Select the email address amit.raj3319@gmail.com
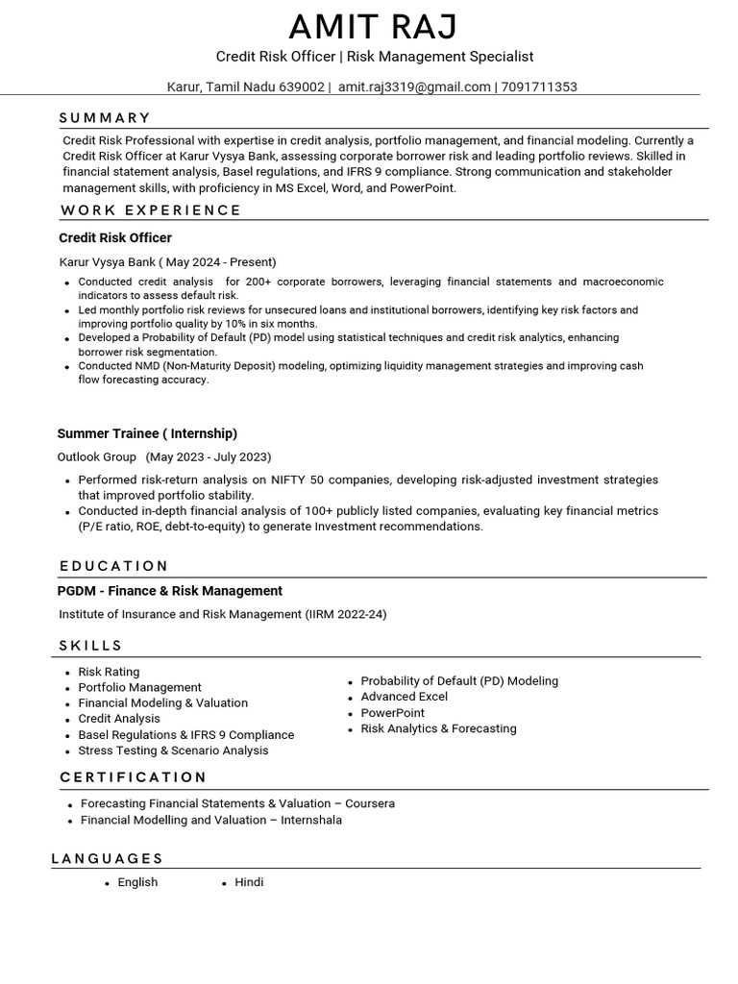(414, 86)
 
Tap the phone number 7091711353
(539, 86)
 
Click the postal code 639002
(301, 86)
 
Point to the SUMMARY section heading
(105, 118)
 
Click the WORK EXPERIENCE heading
(151, 210)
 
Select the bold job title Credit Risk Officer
(115, 237)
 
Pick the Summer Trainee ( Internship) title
(147, 433)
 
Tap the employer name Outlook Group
(97, 456)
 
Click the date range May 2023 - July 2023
(209, 456)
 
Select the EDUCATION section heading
(113, 566)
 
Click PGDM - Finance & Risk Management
(170, 591)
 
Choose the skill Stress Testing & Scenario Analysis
(173, 750)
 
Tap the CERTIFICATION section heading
(133, 777)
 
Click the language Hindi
(249, 882)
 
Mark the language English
(137, 882)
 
